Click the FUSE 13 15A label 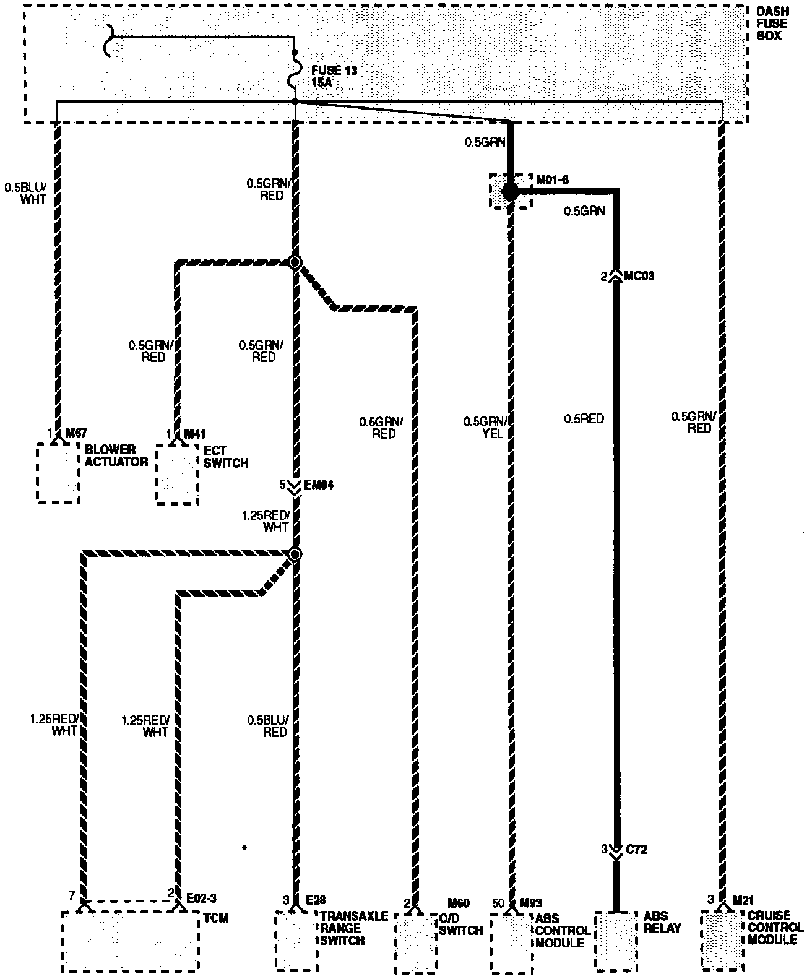334,76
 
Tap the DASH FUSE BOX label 769,24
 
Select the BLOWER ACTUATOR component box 58,473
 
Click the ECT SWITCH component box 177,473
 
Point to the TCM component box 130,941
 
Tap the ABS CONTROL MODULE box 511,943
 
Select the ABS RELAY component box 616,941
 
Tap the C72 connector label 636,850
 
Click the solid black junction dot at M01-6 509,192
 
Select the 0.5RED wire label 584,419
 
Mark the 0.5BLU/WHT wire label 25,192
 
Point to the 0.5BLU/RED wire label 267,726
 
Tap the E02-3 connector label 201,895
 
